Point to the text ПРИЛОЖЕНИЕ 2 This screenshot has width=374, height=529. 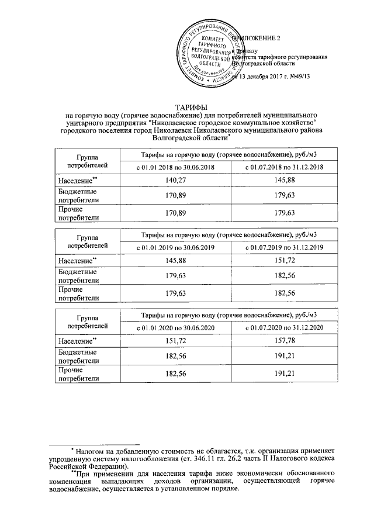pos(257,38)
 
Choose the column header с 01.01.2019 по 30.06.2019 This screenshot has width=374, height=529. pos(176,248)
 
